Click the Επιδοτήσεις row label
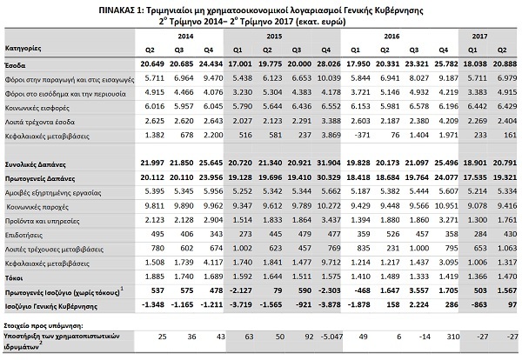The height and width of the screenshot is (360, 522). click(x=27, y=234)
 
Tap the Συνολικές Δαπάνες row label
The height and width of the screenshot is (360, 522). click(x=36, y=164)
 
